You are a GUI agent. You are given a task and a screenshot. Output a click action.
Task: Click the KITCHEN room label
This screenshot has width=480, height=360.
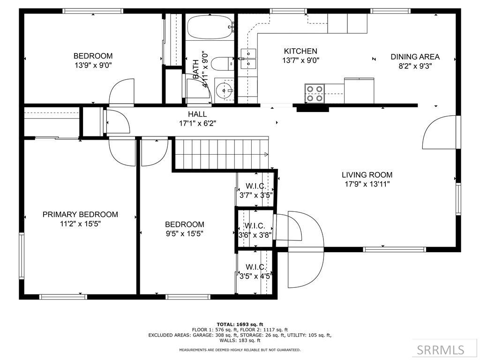pos(300,51)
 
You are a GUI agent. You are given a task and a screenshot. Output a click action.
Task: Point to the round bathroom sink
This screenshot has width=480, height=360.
pos(224,90)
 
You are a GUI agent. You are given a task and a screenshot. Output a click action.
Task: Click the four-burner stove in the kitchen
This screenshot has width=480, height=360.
pos(315,93)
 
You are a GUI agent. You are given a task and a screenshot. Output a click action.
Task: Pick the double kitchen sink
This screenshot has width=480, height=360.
pos(248,59)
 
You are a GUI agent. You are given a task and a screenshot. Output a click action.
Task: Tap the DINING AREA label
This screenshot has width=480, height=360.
pos(415,57)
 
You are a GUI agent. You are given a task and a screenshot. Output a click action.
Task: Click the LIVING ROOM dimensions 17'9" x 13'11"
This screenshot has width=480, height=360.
pos(367,184)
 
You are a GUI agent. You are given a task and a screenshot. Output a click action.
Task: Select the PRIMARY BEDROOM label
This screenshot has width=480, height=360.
pos(80,214)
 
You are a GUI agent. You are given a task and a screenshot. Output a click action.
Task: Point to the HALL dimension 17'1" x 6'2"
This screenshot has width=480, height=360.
pos(197,123)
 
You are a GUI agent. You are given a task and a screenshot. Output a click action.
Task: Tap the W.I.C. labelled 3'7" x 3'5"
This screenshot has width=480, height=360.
pos(256,190)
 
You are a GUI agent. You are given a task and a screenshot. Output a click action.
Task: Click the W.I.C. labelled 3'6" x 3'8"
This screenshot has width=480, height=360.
pos(255,231)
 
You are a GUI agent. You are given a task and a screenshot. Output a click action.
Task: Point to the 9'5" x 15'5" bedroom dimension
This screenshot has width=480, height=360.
pos(185,234)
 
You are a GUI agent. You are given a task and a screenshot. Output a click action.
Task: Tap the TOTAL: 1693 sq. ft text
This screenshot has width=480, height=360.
pos(240,324)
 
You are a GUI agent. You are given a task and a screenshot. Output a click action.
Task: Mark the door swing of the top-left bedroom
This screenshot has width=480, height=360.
pos(122,91)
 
